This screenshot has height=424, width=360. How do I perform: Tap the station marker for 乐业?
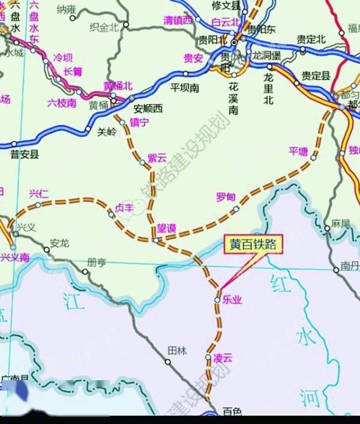pyautogui.click(x=218, y=299)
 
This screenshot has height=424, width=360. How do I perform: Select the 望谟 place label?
pyautogui.click(x=166, y=228)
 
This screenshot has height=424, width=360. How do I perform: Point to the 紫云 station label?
pyautogui.click(x=157, y=159)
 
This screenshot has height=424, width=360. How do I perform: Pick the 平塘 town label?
pyautogui.click(x=298, y=151)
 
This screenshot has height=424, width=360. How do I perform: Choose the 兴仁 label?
pyautogui.click(x=38, y=193)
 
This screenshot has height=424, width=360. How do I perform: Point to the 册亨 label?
pyautogui.click(x=96, y=262)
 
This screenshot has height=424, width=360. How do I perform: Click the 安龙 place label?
pyautogui.click(x=59, y=243)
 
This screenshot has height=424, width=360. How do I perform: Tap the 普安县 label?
pyautogui.click(x=24, y=154)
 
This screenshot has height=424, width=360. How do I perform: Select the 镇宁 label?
pyautogui.click(x=139, y=122)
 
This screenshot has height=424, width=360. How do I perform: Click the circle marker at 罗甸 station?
pyautogui.click(x=236, y=210)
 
